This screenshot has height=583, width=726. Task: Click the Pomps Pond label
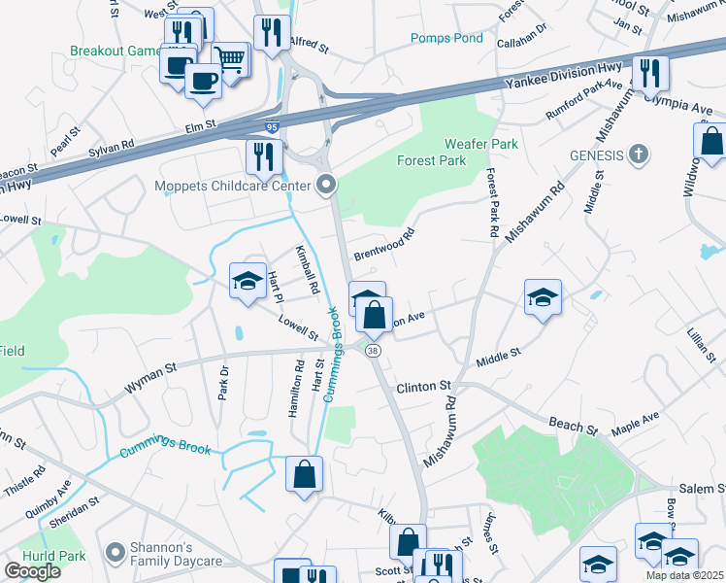[446, 38]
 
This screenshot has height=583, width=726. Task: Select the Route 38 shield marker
[374, 350]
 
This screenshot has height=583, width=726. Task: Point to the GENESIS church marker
[639, 154]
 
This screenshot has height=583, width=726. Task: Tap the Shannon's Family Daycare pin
[115, 552]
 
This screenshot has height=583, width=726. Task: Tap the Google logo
[32, 571]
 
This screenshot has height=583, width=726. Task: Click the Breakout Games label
[113, 51]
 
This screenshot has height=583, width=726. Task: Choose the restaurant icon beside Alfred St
[273, 31]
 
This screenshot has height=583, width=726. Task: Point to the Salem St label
[698, 488]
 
